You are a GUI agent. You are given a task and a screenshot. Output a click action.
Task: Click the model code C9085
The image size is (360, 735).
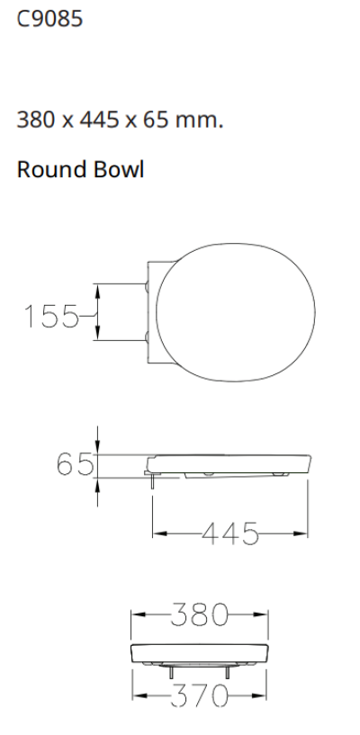[50, 19]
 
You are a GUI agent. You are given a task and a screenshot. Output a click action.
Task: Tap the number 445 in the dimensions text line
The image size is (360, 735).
[95, 120]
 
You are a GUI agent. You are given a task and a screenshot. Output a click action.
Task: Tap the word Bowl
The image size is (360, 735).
[121, 170]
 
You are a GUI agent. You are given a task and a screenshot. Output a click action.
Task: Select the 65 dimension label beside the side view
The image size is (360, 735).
[75, 465]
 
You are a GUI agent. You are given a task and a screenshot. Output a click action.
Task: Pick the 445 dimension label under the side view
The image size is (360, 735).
[229, 533]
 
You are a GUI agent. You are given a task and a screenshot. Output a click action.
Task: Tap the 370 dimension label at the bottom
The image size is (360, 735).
[200, 695]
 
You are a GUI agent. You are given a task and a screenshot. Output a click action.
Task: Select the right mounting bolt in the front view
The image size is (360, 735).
[228, 671]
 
